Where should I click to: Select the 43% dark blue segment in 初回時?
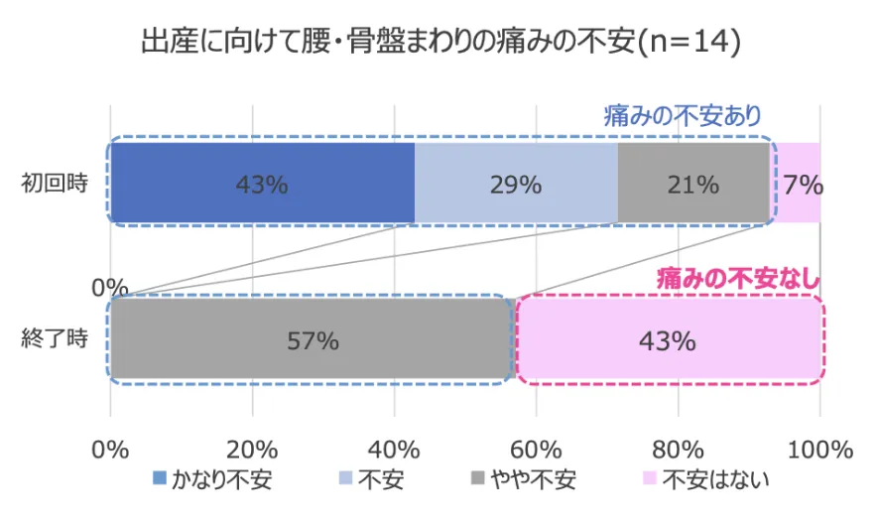pos(262,184)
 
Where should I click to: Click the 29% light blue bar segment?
pos(516,184)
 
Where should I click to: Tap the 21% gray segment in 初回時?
pos(693,184)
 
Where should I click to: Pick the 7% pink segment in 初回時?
pos(799,184)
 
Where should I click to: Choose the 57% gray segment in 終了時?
pos(312,340)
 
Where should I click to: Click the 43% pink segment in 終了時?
pos(667,340)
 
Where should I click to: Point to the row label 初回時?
pos(55,184)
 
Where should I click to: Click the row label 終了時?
pos(55,339)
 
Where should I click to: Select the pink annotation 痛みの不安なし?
pos(738,278)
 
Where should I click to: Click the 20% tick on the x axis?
pos(253,450)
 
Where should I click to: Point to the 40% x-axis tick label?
pos(395,450)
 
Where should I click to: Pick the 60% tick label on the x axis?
pos(537,450)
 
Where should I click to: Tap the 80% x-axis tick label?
pos(679,450)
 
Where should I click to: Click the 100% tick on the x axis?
pos(819,450)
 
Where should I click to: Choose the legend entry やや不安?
pos(526,481)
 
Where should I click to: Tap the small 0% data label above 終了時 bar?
pos(109,288)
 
